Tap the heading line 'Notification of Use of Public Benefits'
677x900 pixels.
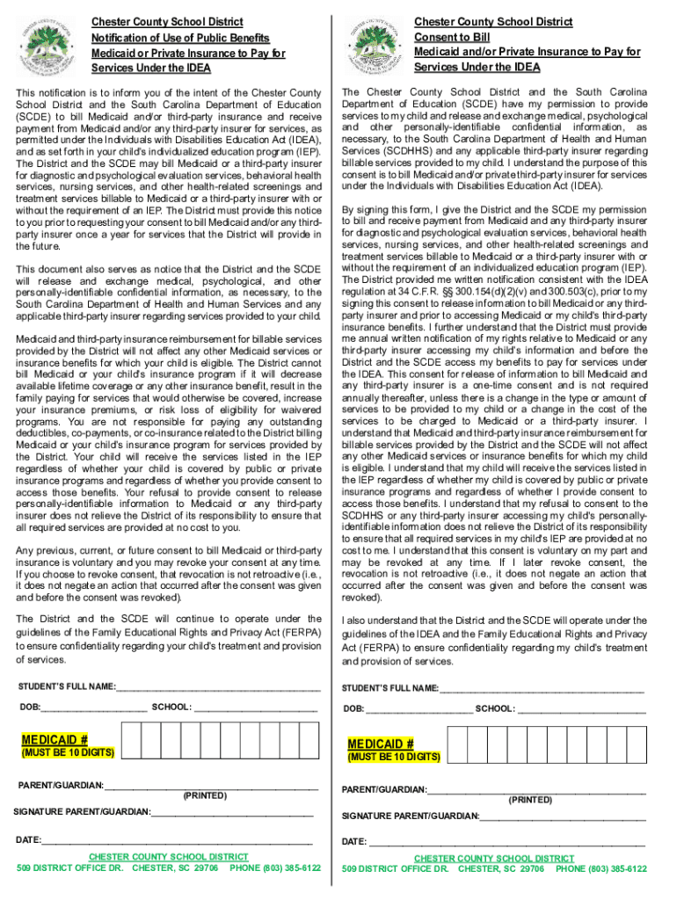coord(180,38)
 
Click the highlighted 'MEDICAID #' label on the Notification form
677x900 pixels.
coord(55,739)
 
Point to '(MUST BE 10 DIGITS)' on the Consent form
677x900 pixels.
coord(394,757)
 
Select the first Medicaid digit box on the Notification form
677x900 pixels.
coord(129,740)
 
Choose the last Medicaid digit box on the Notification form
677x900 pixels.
coord(309,740)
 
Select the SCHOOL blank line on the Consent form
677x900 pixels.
coord(581,709)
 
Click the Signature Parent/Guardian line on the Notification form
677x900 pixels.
coord(232,812)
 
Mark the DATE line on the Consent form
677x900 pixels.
coord(506,843)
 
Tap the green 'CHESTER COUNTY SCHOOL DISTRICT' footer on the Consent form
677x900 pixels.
coord(494,858)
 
